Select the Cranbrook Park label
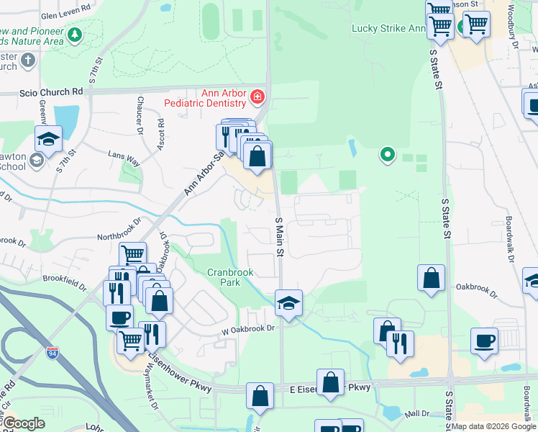(x=232, y=277)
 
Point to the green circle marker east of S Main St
(x=388, y=154)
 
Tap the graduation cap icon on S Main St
(x=288, y=303)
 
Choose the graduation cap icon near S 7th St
(x=48, y=139)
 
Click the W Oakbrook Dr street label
(x=249, y=328)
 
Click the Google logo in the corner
(x=24, y=423)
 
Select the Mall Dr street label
(x=417, y=413)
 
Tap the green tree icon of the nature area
(x=74, y=35)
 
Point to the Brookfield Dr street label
(x=64, y=282)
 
